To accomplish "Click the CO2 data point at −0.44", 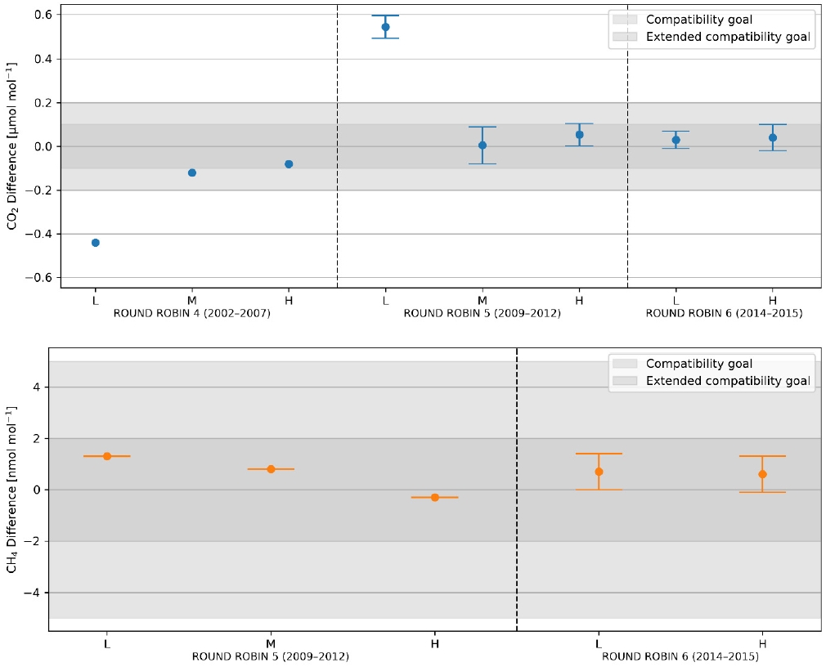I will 96,243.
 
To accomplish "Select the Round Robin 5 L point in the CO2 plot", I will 385,27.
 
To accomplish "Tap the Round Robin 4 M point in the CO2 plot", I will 192,172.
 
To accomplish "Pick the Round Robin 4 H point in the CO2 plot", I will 289,164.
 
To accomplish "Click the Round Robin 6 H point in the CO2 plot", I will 772,137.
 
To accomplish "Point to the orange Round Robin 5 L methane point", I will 107,456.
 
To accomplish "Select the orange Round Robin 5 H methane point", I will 435,497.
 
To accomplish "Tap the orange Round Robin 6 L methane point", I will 599,472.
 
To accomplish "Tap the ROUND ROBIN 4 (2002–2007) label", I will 192,314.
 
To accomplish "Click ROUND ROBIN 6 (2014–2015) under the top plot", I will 724,314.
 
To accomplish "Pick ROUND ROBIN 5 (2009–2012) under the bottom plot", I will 271,656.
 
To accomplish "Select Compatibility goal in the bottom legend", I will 698,364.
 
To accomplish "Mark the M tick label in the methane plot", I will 271,642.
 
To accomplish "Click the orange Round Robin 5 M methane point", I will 271,469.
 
